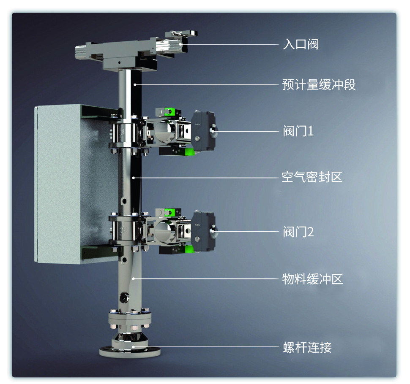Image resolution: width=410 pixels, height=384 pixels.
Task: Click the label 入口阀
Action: pyautogui.click(x=301, y=44)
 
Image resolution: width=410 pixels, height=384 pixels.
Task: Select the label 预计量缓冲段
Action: pyautogui.click(x=319, y=84)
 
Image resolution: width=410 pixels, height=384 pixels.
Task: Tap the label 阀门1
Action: pyautogui.click(x=298, y=131)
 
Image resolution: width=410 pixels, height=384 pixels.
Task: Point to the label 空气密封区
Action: pyautogui.click(x=312, y=177)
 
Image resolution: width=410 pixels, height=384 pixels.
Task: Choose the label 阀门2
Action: pyautogui.click(x=298, y=232)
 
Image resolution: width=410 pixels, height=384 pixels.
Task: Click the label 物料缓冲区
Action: pyautogui.click(x=312, y=279)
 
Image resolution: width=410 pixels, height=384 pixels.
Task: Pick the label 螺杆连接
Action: pyautogui.click(x=307, y=347)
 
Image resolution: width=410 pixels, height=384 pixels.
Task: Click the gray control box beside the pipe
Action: pyautogui.click(x=76, y=184)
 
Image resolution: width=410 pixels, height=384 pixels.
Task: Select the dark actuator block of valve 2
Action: pyautogui.click(x=203, y=232)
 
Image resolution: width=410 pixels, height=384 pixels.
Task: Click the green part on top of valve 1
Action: pyautogui.click(x=169, y=111)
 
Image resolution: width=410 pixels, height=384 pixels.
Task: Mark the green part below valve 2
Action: pyautogui.click(x=189, y=249)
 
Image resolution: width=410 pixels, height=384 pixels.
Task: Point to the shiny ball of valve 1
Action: pyautogui.click(x=164, y=130)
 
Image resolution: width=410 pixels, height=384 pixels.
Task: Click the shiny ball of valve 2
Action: pyautogui.click(x=164, y=230)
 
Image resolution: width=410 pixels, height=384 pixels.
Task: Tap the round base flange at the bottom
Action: pyautogui.click(x=130, y=351)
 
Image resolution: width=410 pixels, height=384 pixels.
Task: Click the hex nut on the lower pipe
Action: pyautogui.click(x=124, y=297)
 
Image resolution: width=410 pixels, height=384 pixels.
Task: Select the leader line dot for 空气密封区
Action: pyautogui.click(x=133, y=178)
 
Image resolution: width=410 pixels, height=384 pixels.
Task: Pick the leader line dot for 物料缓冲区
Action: pyautogui.click(x=133, y=279)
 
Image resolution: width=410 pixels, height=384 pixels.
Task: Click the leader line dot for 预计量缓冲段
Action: pyautogui.click(x=135, y=84)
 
